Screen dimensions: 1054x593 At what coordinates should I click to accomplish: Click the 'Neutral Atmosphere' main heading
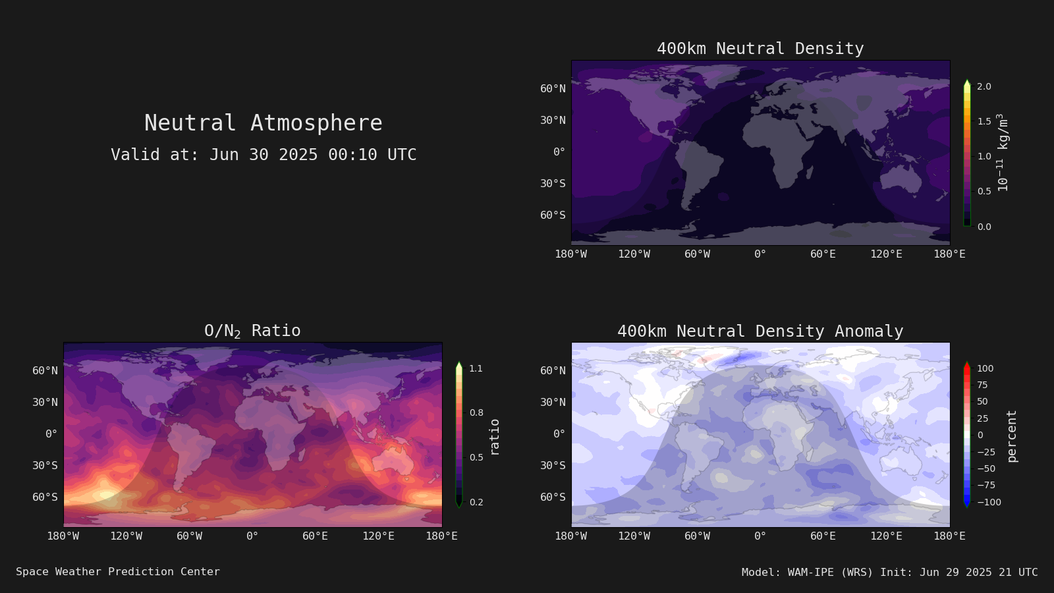263,123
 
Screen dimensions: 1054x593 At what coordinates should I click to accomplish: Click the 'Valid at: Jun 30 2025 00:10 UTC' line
263,155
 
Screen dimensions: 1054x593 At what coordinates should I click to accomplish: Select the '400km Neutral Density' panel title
760,49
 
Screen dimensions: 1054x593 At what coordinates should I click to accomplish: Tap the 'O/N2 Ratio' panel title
253,331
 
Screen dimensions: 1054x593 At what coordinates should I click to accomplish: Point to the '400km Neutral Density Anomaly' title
760,331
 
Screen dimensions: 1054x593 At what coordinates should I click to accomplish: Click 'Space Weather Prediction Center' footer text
118,572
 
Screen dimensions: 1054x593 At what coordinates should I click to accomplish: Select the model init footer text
889,573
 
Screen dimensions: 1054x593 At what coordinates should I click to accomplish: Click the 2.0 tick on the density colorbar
984,86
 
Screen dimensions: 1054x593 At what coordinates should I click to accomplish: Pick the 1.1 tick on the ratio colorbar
476,368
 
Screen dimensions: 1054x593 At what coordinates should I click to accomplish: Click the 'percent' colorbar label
1012,436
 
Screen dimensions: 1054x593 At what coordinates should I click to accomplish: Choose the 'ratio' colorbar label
494,438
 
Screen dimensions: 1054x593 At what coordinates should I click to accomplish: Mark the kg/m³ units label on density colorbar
1003,152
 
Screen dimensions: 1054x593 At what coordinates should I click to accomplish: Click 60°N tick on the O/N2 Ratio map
45,371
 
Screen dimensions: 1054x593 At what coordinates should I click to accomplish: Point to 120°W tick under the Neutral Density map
634,254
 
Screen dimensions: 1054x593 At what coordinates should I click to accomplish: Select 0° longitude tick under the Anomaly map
760,536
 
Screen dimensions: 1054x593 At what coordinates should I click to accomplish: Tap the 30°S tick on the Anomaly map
553,465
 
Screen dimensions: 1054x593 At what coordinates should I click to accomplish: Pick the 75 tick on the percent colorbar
982,385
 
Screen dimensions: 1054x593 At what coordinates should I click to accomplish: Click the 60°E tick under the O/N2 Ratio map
316,536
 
